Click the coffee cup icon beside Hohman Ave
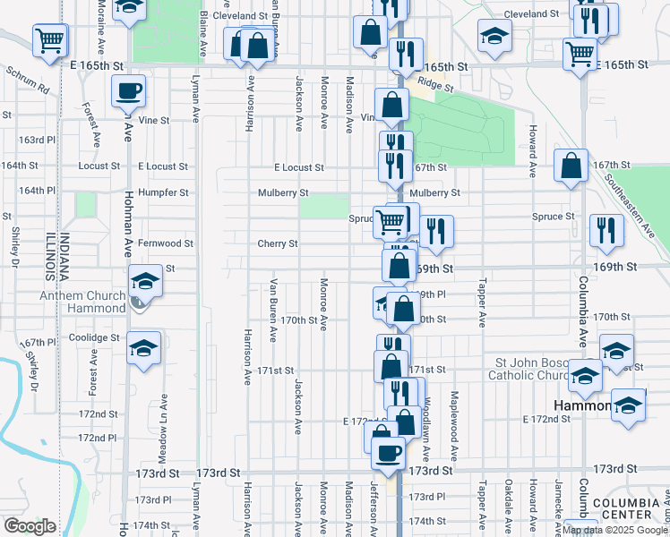click(129, 90)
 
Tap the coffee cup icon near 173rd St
click(388, 452)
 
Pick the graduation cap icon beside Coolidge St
click(143, 348)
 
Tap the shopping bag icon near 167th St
click(571, 166)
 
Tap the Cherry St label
click(277, 243)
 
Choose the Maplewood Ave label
click(455, 425)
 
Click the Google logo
click(30, 526)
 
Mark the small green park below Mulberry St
click(323, 208)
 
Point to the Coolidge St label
click(98, 337)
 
